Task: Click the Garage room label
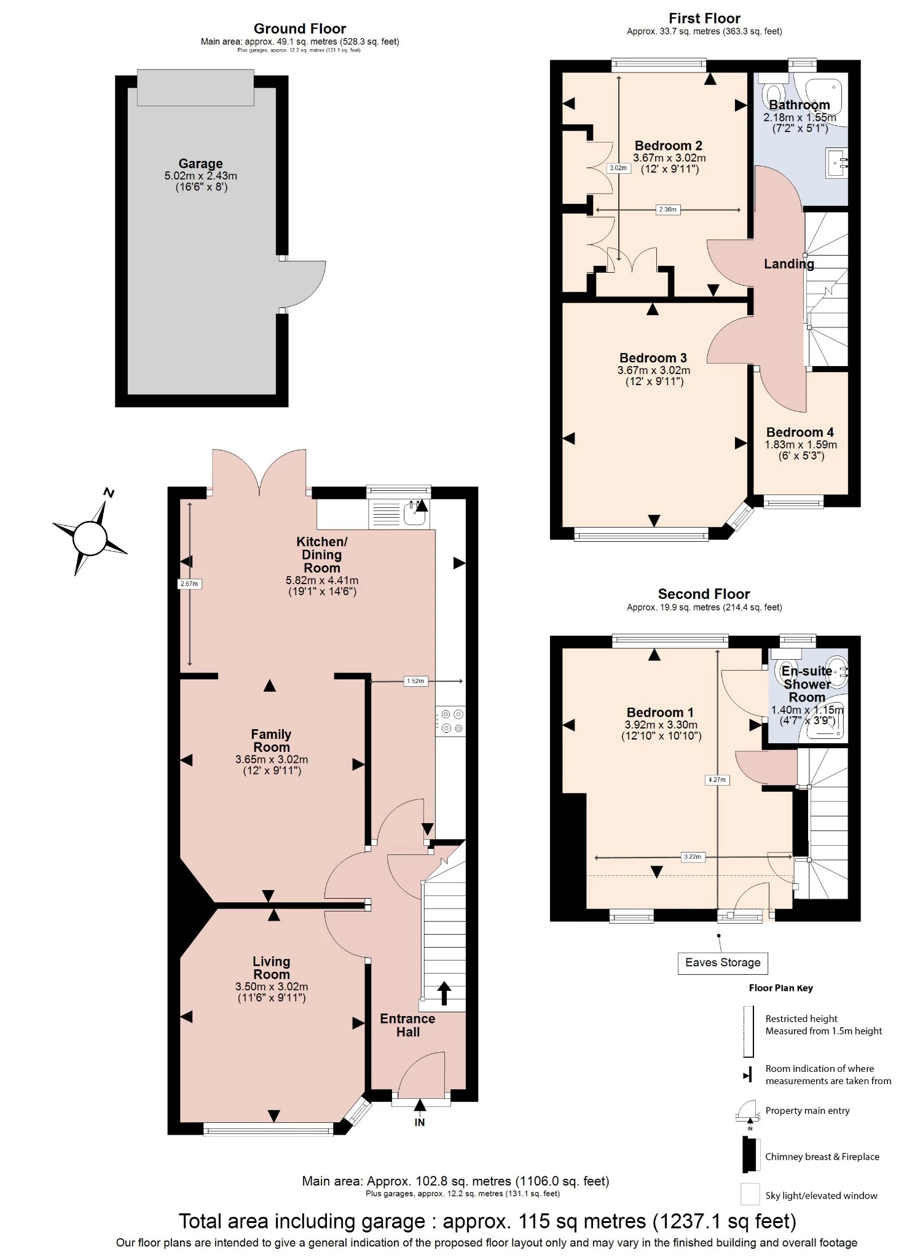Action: pos(200,164)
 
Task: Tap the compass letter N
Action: pos(109,493)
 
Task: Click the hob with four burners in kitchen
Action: pos(451,721)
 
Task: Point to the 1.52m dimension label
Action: pos(415,681)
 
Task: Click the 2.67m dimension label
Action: pos(189,584)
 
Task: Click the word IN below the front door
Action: pos(420,1122)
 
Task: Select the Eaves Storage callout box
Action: pos(723,963)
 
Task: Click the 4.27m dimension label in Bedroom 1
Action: pos(717,779)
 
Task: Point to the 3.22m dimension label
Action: pos(692,856)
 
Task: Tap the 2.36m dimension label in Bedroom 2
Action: pos(667,209)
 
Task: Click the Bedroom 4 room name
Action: pos(800,432)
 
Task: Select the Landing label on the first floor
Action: pos(788,264)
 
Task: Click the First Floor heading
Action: pos(704,18)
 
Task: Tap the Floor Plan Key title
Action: pos(780,988)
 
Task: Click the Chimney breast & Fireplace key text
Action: pos(822,1157)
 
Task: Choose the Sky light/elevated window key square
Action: pos(750,1194)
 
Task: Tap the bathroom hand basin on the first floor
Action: pos(838,163)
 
